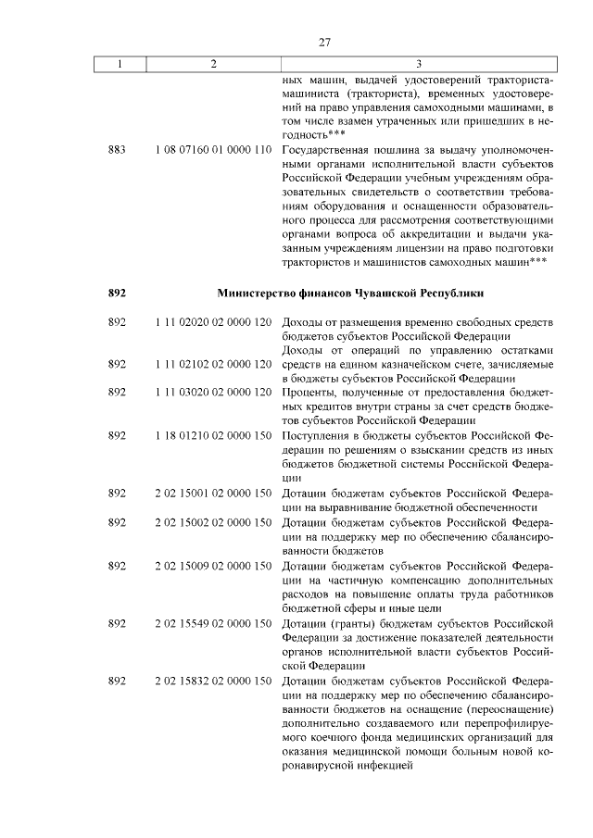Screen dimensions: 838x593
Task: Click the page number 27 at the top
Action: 325,42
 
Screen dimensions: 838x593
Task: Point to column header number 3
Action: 419,64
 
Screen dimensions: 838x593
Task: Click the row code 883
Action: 117,149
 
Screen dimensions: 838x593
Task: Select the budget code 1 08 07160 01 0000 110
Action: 213,149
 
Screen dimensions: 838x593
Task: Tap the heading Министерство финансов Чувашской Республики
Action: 350,293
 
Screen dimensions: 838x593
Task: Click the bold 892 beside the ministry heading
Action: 117,293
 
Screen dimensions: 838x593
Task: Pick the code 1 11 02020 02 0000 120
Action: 213,320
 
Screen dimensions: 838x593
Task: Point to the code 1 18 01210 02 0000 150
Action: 213,435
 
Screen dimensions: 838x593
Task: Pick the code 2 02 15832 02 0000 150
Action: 213,681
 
